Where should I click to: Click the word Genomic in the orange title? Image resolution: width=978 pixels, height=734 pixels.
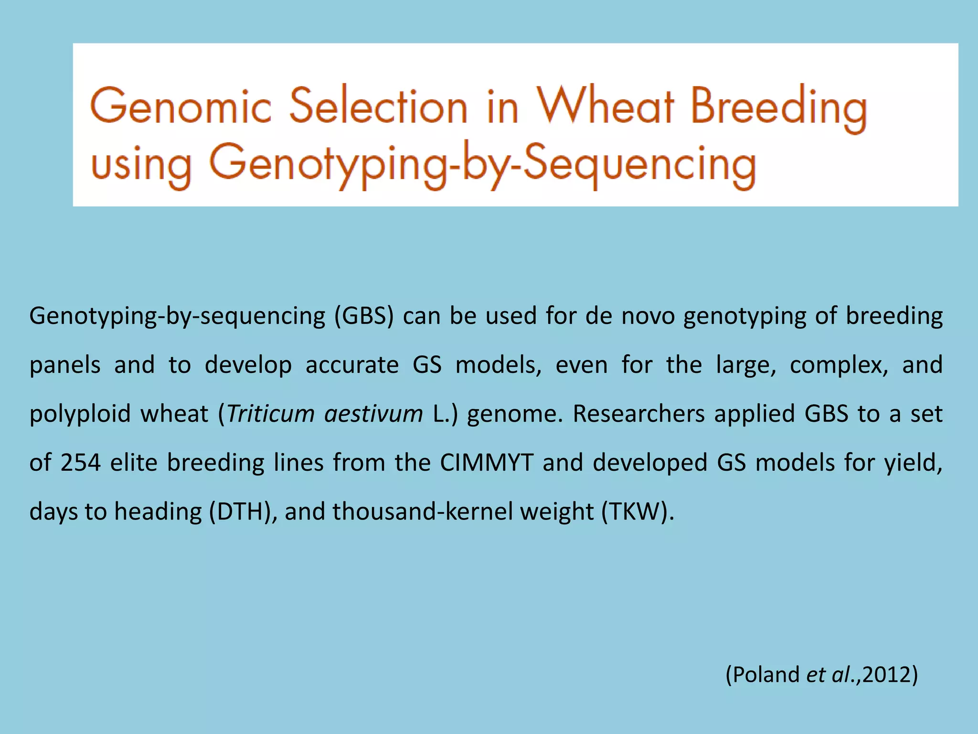click(x=181, y=106)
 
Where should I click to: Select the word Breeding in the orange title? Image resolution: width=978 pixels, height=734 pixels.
click(x=778, y=108)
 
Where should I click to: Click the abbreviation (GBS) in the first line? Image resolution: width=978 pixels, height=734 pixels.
click(x=363, y=316)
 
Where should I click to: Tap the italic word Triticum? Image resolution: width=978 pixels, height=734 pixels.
click(x=270, y=414)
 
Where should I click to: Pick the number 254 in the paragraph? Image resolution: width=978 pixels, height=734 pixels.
click(x=80, y=463)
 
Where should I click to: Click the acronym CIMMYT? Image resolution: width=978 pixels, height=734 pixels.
click(x=486, y=463)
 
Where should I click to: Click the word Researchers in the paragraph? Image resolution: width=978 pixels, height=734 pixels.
click(x=638, y=414)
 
